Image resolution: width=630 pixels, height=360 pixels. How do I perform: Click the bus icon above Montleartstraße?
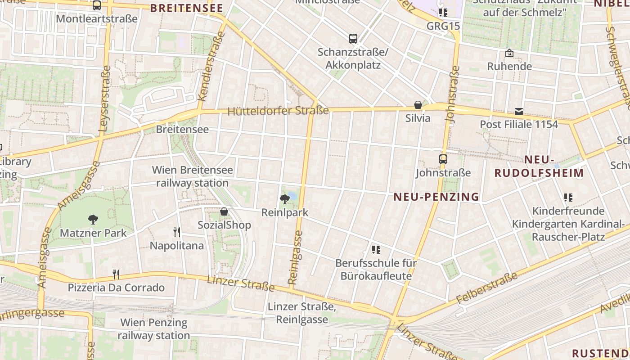click(96, 5)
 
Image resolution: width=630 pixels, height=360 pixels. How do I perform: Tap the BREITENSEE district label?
click(186, 8)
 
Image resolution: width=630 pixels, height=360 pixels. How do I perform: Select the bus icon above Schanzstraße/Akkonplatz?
click(353, 39)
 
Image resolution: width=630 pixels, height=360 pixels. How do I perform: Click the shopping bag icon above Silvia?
click(418, 105)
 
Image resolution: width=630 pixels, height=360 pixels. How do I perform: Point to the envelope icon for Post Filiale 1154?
click(519, 111)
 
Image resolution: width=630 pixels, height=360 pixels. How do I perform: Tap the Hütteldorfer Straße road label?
click(278, 111)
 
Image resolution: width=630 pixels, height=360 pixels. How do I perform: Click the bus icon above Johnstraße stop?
click(443, 159)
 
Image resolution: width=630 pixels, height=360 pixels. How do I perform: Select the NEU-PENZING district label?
click(436, 197)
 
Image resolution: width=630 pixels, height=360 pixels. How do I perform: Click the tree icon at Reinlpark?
click(284, 199)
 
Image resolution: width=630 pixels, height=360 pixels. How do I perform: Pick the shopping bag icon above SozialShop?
click(224, 211)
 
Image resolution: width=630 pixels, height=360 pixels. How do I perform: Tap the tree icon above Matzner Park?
click(93, 220)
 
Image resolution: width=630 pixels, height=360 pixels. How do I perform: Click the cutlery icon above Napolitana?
click(177, 232)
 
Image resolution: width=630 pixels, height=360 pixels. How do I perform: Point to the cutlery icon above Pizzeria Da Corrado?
click(116, 274)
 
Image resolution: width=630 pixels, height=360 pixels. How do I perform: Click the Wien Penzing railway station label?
click(154, 329)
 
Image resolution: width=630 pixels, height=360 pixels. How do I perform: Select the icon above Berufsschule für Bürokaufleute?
click(376, 249)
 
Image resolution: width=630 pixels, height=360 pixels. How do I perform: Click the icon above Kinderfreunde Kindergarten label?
click(568, 197)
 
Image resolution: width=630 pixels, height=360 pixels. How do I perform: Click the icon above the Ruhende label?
click(509, 53)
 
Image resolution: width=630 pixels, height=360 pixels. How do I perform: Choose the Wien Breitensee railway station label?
click(193, 176)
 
